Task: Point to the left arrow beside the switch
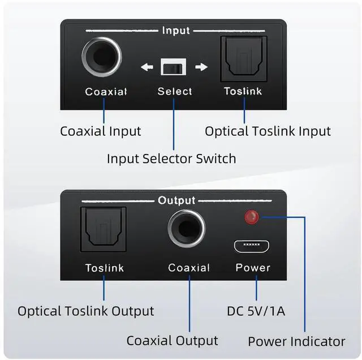click(x=147, y=67)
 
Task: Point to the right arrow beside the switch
click(x=201, y=67)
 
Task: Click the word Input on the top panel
click(x=176, y=31)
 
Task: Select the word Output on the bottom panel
click(x=176, y=200)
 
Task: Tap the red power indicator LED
click(x=249, y=217)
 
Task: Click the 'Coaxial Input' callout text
click(x=101, y=131)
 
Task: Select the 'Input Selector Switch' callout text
click(x=171, y=158)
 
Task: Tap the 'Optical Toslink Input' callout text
click(x=268, y=131)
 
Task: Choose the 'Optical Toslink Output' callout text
click(x=86, y=311)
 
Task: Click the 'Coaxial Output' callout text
click(x=172, y=340)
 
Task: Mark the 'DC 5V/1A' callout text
click(x=256, y=311)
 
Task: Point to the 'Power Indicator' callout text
click(x=296, y=341)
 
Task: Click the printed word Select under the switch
click(x=175, y=91)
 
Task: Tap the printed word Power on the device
click(x=253, y=268)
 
